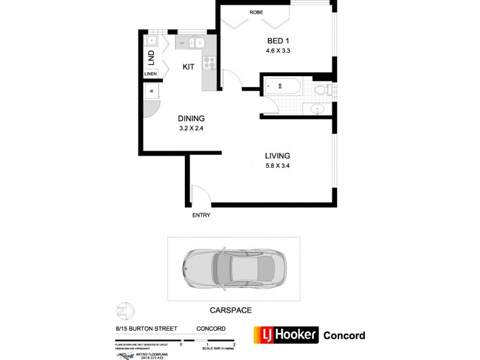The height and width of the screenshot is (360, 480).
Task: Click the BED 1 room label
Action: pos(278,41)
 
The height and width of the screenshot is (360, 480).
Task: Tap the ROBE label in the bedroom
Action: pos(256,12)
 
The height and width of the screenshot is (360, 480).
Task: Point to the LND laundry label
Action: pos(151,58)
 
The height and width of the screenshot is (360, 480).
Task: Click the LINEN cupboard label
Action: pos(151,74)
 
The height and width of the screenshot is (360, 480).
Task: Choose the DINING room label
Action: pos(191,118)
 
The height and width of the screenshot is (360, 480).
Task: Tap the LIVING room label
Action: pos(277,156)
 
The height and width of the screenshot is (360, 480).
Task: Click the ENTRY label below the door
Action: pos(201,215)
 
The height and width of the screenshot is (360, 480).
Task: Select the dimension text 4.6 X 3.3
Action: pos(278,51)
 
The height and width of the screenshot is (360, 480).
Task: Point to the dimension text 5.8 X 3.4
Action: pos(277,166)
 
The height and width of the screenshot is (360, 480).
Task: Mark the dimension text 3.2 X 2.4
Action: pos(191,128)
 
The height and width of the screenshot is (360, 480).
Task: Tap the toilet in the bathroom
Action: pos(322,91)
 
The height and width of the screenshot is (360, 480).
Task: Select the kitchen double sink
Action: pos(196,43)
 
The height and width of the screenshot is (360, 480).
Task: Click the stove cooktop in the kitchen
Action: pos(209,61)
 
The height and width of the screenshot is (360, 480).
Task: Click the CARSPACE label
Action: pos(230,310)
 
